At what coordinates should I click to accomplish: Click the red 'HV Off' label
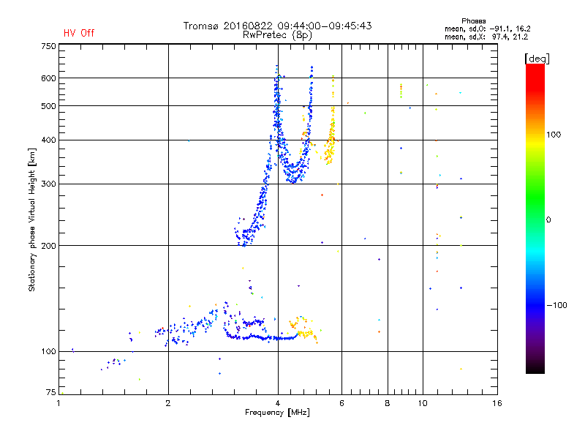coord(79,33)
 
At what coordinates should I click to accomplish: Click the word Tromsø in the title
coord(200,26)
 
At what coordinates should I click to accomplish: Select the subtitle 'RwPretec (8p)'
coord(277,35)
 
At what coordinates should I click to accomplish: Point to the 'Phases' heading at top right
coord(473,21)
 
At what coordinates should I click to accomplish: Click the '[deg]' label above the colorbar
coord(537,59)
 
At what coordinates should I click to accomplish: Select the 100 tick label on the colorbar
coord(554,135)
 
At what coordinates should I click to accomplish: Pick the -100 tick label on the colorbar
coord(557,305)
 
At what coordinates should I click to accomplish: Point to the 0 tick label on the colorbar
coord(548,220)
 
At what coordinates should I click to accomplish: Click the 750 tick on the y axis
coord(48,46)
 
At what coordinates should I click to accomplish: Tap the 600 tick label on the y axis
coord(48,78)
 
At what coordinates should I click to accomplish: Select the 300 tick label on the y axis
coord(48,184)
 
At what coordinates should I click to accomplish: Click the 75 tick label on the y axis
coord(51,392)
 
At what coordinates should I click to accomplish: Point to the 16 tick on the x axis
coord(497,403)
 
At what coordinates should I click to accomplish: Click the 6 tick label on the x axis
coord(341,403)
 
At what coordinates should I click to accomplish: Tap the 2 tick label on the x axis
coord(168,403)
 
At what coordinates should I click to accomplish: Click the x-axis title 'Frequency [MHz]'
coord(277,413)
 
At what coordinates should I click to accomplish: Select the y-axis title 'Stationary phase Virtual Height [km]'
coord(32,219)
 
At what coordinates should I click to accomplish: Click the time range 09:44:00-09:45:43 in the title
coord(325,26)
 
